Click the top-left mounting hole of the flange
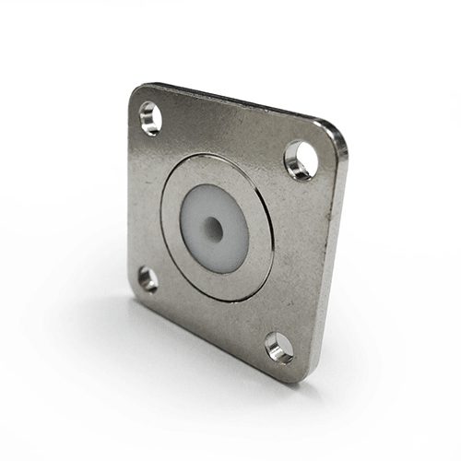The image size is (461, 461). click(149, 117)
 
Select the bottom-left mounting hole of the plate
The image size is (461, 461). click(148, 278)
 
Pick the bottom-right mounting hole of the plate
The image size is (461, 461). click(278, 347)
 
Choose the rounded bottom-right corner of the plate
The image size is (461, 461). click(293, 374)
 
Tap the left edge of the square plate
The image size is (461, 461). click(130, 194)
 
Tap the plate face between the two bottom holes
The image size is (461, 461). click(212, 313)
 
